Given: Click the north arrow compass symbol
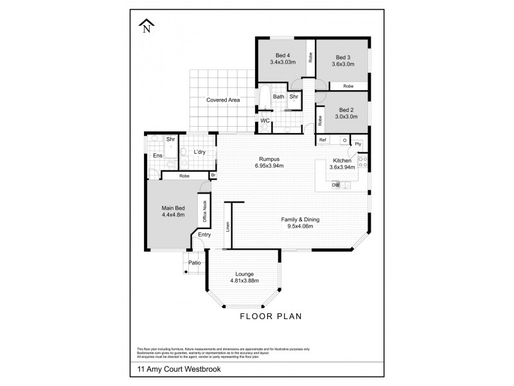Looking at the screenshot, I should [148, 26].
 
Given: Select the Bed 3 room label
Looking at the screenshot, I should [342, 56].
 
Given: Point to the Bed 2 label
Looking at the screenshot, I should [347, 110].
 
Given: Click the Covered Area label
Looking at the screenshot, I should [223, 100].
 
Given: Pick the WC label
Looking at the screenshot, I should [265, 120].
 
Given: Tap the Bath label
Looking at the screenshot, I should [279, 97].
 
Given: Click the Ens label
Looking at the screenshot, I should [157, 156].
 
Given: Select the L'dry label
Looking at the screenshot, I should [199, 152].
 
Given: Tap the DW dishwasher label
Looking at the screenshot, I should [335, 185].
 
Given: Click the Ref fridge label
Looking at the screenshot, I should [323, 140].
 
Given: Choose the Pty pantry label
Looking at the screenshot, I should [358, 143].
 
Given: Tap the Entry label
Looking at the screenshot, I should [204, 235].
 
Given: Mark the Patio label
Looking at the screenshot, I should [193, 262].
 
